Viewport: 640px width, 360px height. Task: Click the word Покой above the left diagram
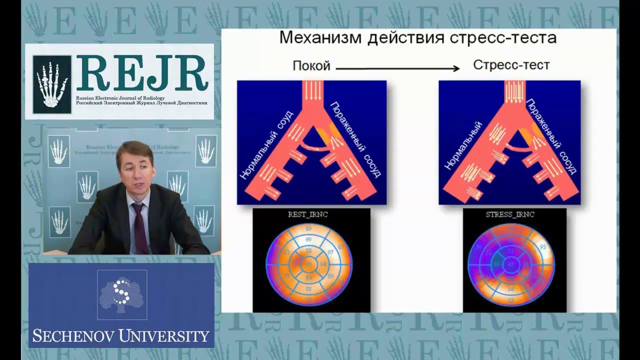coord(311,65)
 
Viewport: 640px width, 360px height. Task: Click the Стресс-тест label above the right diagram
coord(511,65)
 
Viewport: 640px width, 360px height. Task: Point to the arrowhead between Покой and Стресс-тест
coord(456,69)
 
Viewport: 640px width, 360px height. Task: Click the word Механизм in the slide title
coord(320,38)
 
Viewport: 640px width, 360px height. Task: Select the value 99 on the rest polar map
coord(308,240)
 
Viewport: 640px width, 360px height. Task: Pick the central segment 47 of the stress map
coord(510,263)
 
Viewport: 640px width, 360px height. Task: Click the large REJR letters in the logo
coord(142,73)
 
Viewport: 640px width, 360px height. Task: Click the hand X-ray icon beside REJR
coord(51,84)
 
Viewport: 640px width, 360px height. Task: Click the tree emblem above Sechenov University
coord(121,294)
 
